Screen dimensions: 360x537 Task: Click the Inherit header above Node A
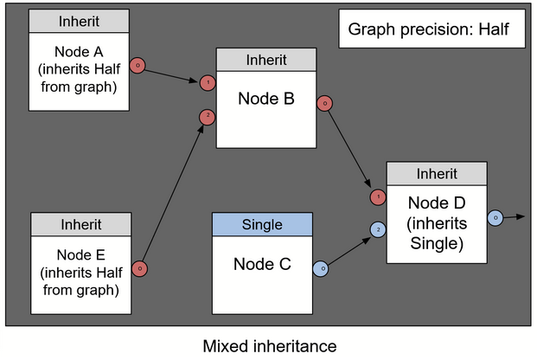tap(79, 21)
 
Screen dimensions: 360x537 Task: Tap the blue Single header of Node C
tap(262, 225)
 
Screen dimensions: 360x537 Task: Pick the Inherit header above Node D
tap(437, 173)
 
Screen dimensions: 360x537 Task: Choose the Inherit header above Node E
tap(80, 224)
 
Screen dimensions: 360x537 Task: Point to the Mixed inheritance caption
tap(269, 346)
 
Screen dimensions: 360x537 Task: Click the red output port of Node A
tap(137, 65)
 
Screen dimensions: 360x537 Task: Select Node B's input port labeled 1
tap(208, 83)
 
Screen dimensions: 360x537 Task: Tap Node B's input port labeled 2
tap(208, 116)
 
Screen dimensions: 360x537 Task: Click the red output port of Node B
tap(324, 104)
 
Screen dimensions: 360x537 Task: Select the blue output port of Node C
tap(319, 268)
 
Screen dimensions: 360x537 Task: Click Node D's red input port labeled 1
tap(378, 197)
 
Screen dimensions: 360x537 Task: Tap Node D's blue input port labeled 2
tap(378, 229)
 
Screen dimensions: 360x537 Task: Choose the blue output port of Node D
tap(495, 218)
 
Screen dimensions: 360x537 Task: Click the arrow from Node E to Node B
tap(173, 191)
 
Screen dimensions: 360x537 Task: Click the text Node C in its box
tap(262, 264)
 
